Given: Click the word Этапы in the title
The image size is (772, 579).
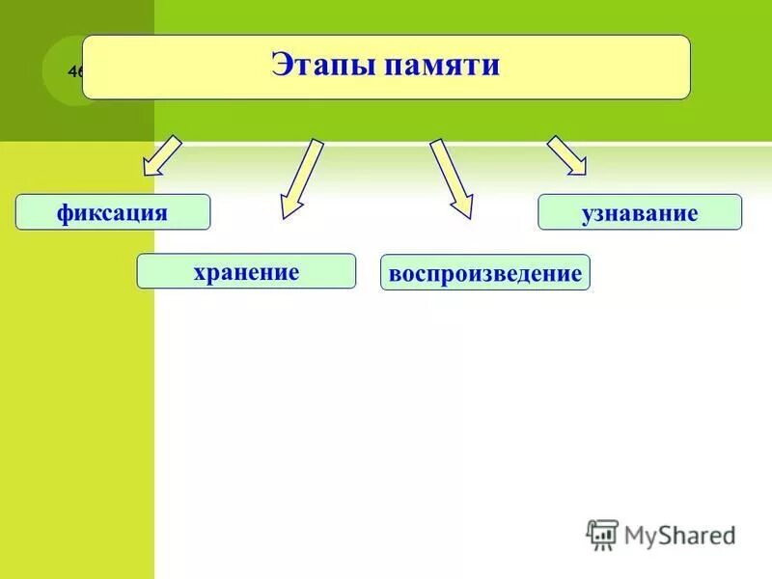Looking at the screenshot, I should [x=321, y=66].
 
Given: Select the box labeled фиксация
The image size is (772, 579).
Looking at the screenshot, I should [x=112, y=211].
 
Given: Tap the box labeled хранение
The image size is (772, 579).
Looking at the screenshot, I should [x=246, y=271].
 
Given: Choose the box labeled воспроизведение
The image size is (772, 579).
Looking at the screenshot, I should [x=484, y=273].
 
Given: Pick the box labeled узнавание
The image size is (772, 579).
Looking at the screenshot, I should [x=639, y=212].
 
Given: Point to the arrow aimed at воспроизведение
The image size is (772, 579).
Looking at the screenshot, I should [x=451, y=179].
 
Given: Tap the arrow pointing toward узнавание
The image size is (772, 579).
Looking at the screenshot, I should [x=567, y=155].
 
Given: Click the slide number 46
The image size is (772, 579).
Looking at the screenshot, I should [x=75, y=71].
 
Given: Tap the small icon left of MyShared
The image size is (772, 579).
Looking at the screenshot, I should [x=602, y=534].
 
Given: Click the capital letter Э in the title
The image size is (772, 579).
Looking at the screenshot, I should [x=280, y=66].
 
